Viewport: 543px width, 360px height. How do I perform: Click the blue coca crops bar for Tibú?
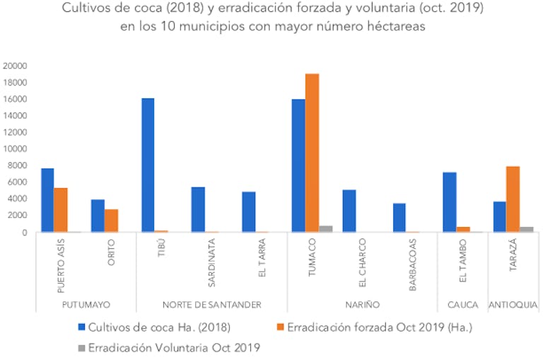click(148, 165)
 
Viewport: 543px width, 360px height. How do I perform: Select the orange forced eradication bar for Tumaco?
click(312, 153)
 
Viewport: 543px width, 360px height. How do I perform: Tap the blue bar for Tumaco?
click(298, 166)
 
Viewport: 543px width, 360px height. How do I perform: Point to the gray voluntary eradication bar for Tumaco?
click(325, 228)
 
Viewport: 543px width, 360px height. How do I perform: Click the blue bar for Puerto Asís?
click(47, 200)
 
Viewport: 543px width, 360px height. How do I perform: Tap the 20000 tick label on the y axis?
click(15, 66)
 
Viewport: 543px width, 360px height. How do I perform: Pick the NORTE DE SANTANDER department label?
click(212, 305)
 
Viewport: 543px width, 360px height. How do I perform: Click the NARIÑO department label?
click(362, 305)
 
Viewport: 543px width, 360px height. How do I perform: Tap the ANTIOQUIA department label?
click(513, 305)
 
